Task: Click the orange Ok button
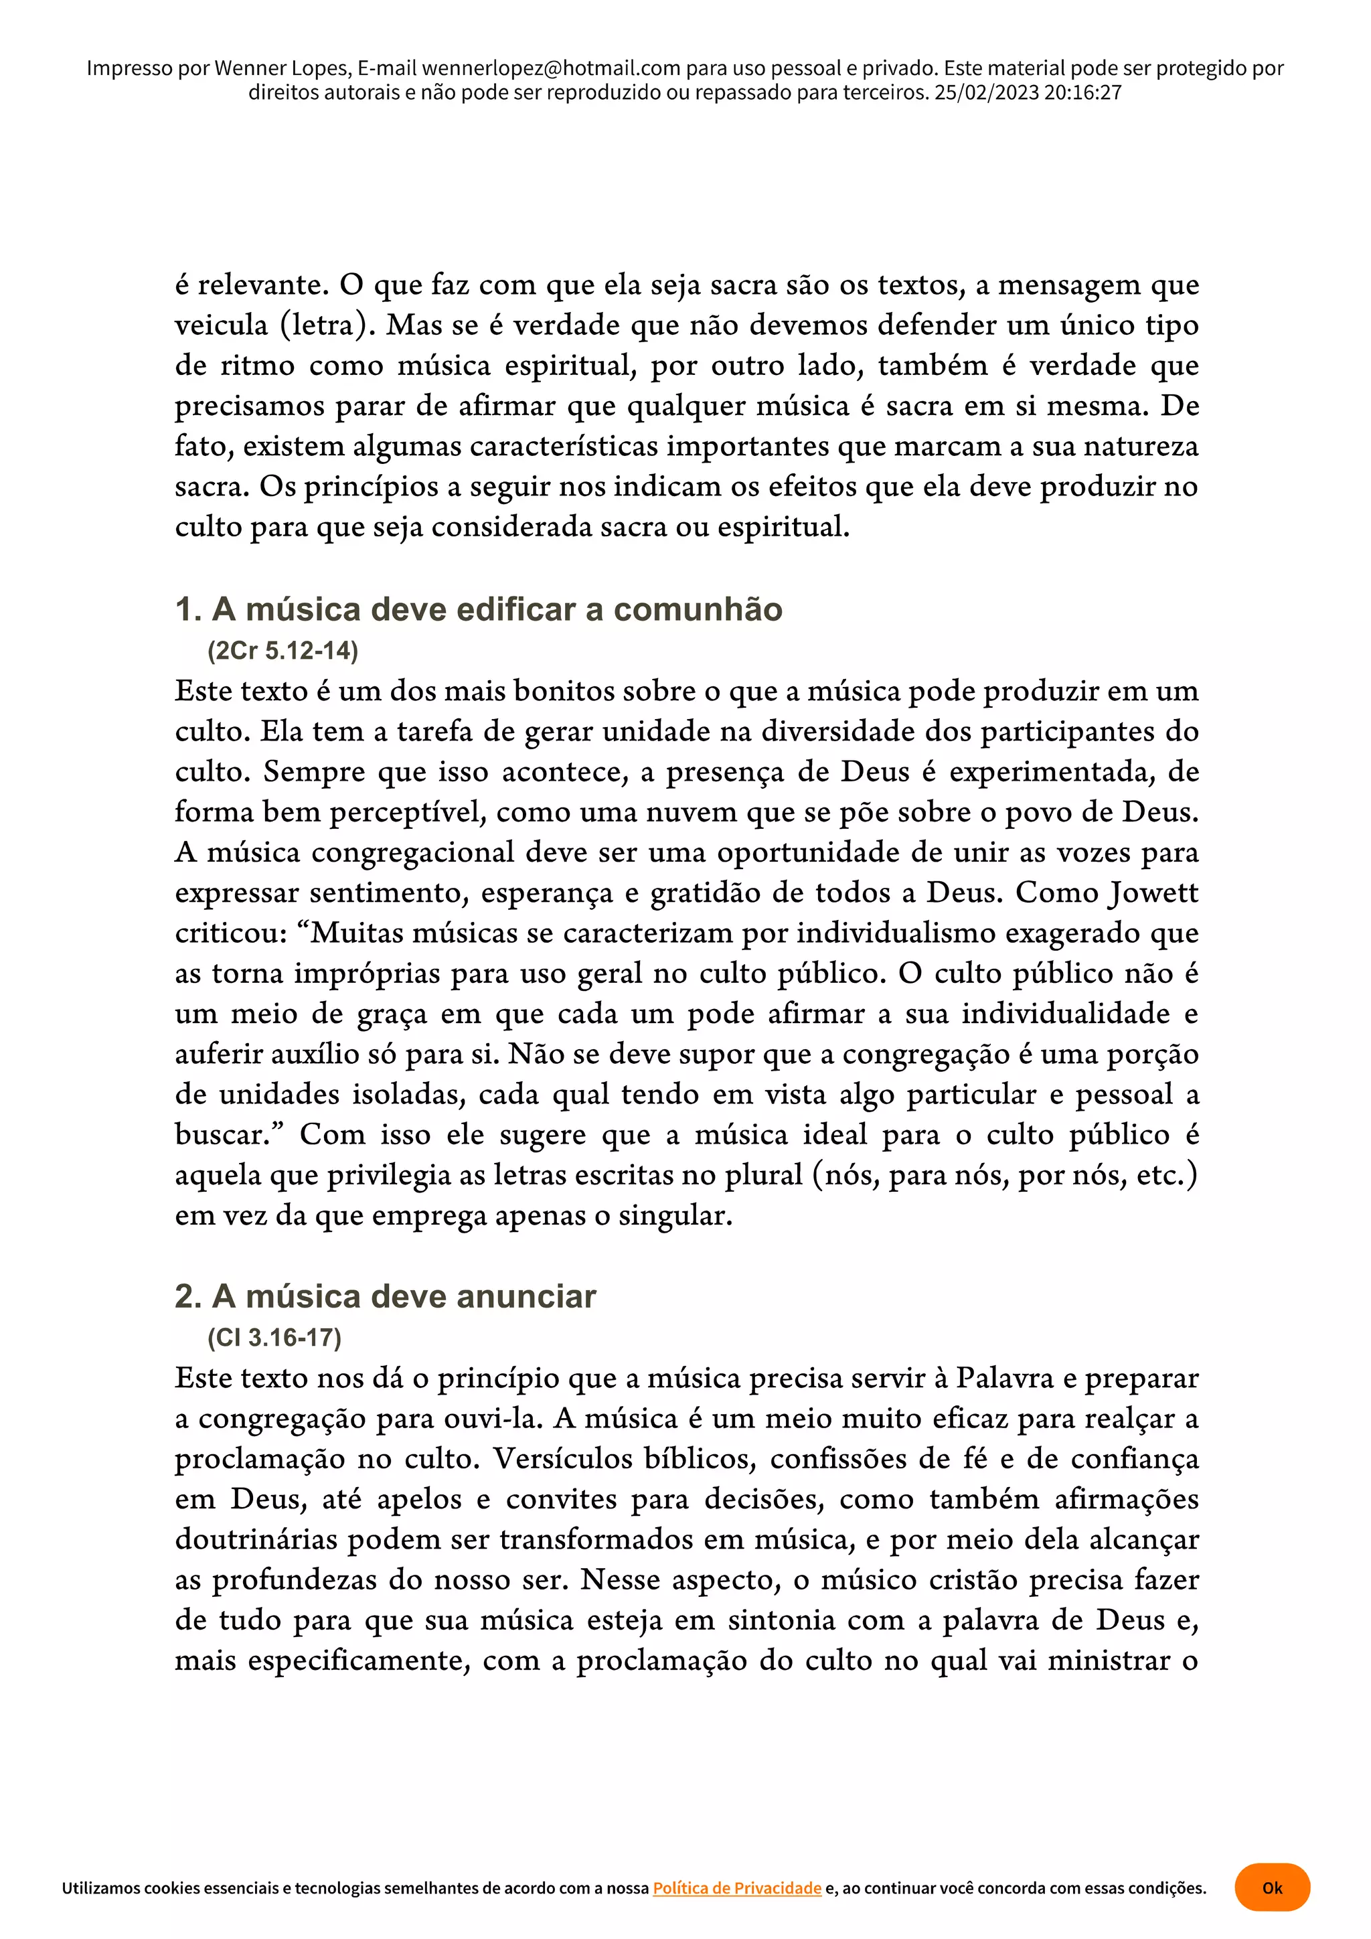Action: (x=1271, y=1887)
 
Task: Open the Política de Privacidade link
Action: (x=736, y=1887)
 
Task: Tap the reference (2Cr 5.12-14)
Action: (x=283, y=650)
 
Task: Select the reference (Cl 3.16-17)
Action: (x=274, y=1338)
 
